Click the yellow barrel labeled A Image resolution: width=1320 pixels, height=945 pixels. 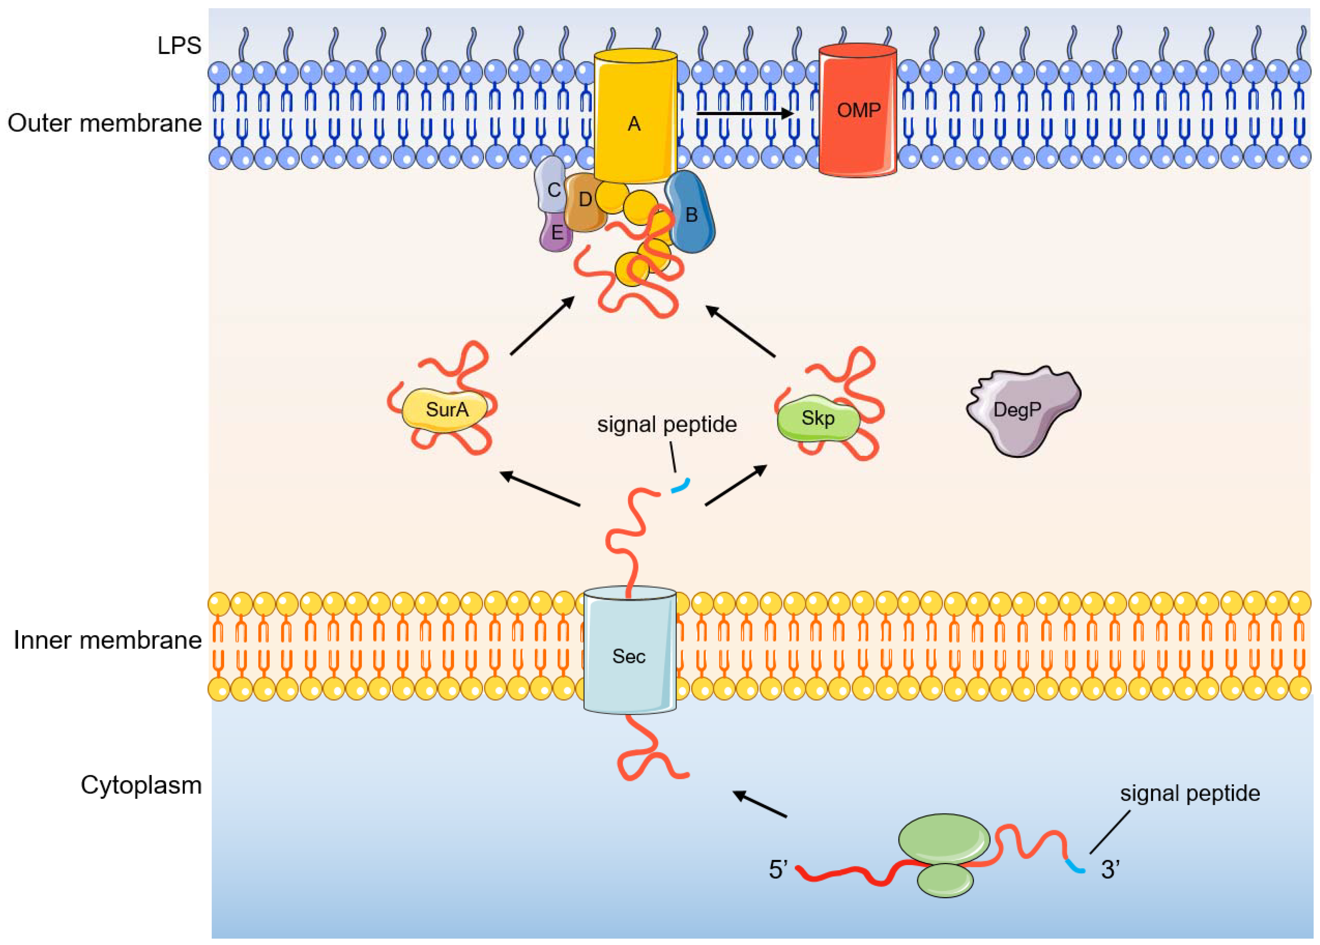[x=635, y=116]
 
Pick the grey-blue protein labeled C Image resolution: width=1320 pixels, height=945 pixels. [x=550, y=185]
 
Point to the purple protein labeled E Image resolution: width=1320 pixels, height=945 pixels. [x=556, y=232]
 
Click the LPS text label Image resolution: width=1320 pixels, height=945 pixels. [x=179, y=45]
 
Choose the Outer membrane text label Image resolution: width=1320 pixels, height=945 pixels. [x=105, y=123]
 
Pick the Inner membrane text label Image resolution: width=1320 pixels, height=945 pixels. [x=107, y=640]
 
